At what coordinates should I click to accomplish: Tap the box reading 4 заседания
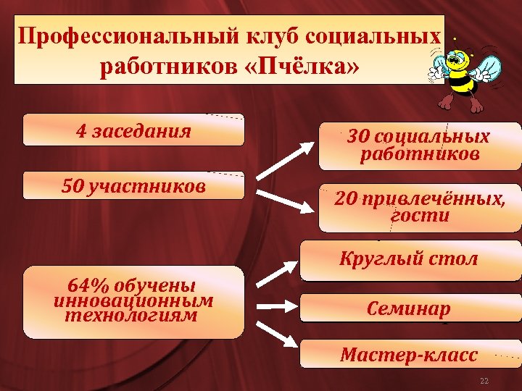pyautogui.click(x=133, y=131)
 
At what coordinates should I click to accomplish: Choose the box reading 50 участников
pyautogui.click(x=133, y=186)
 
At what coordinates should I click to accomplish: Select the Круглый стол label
pyautogui.click(x=409, y=258)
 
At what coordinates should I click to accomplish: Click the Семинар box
pyautogui.click(x=409, y=309)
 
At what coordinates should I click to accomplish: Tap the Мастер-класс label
pyautogui.click(x=409, y=355)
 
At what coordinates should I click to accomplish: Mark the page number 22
pyautogui.click(x=484, y=381)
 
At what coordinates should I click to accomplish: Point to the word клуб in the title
pyautogui.click(x=268, y=36)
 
